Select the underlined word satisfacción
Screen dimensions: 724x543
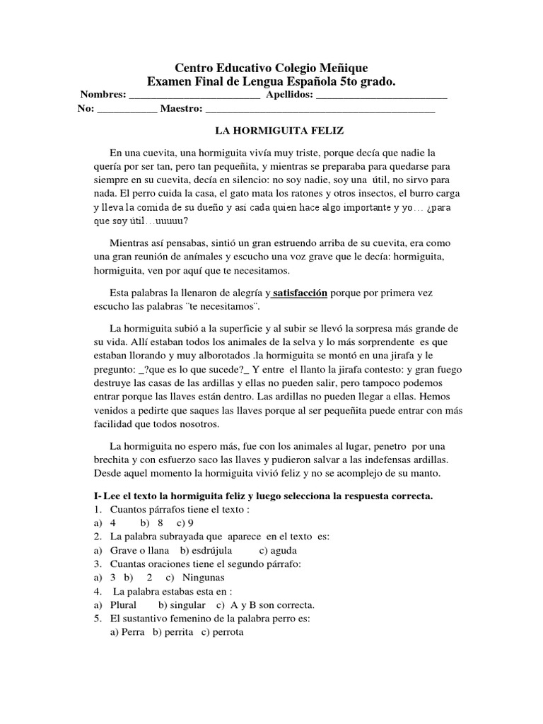(x=300, y=292)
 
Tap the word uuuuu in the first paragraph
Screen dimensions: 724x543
(x=173, y=220)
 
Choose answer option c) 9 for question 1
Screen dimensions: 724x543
(x=185, y=522)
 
